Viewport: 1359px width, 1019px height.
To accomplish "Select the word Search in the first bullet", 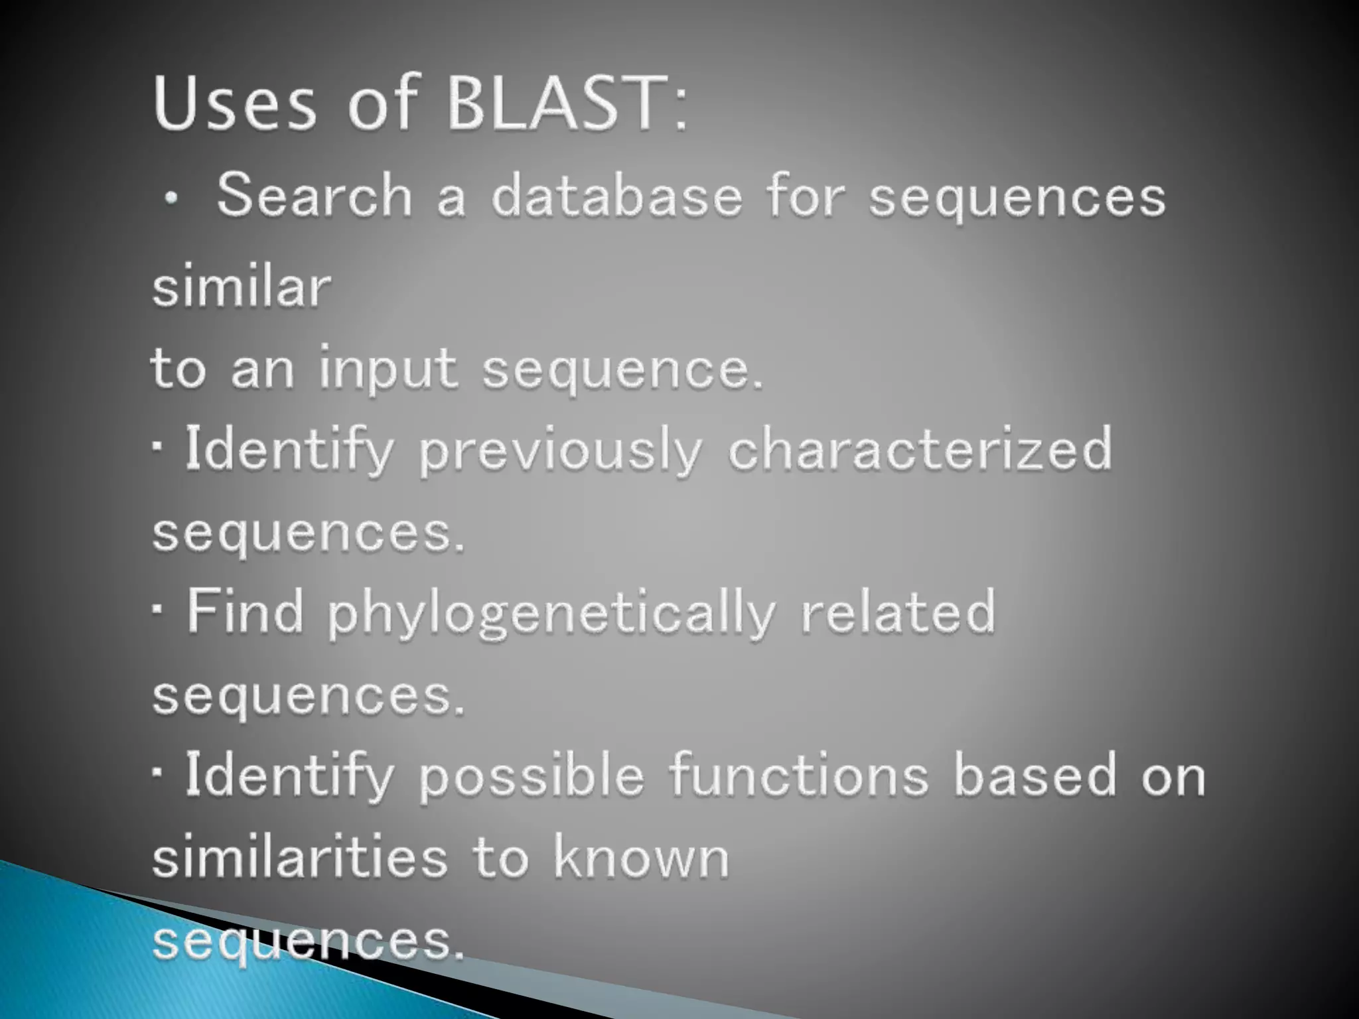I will (x=315, y=196).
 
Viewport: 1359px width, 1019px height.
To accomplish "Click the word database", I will (x=616, y=196).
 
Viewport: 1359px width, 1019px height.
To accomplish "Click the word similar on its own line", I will (x=242, y=288).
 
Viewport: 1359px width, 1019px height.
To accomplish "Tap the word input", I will (x=388, y=369).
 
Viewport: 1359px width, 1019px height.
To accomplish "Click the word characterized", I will (x=920, y=449).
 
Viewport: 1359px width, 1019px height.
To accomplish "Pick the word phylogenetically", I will (x=551, y=614).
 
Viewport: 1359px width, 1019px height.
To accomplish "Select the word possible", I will (x=532, y=777).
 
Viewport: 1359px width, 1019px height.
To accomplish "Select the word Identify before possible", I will (x=289, y=777).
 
